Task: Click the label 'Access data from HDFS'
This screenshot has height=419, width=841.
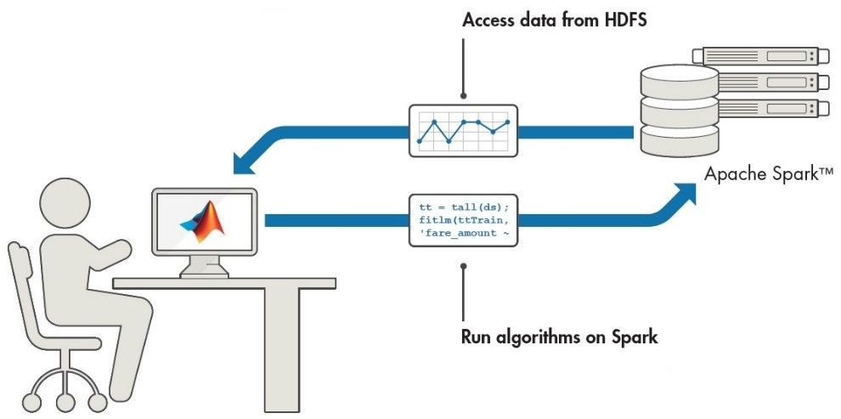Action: coord(554,20)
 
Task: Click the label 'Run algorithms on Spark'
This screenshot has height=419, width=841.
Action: coord(559,336)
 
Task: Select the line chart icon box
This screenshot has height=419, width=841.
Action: coord(463,130)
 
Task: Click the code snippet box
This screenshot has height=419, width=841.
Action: coord(463,220)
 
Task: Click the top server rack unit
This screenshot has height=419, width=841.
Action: coord(760,56)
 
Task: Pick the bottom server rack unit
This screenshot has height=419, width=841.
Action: coord(760,108)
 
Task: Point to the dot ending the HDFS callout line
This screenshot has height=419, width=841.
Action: coord(463,95)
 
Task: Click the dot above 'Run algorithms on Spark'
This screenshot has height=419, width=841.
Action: coord(463,267)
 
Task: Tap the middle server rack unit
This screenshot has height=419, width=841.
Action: coord(760,82)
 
